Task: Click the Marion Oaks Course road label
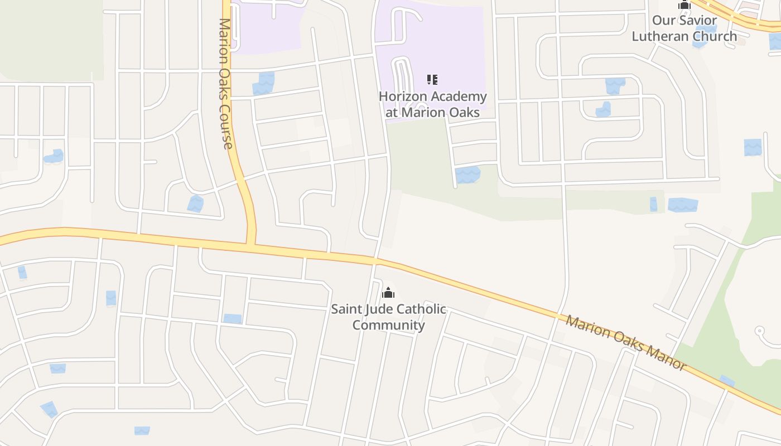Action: [x=225, y=84]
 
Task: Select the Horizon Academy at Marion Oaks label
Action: [x=432, y=104]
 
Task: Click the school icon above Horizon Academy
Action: [x=432, y=80]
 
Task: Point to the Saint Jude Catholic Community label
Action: [x=389, y=317]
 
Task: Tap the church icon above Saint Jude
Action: [x=388, y=293]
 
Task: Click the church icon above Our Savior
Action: [x=684, y=5]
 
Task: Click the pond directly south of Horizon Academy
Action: [x=467, y=174]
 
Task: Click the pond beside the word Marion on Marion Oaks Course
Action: [x=263, y=83]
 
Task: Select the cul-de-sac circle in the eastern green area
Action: [x=759, y=331]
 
